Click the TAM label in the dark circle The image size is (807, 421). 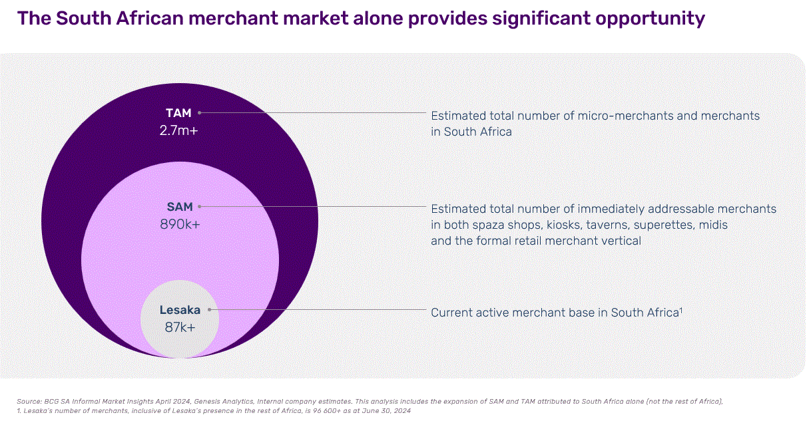pyautogui.click(x=178, y=113)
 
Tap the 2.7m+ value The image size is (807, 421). pyautogui.click(x=178, y=130)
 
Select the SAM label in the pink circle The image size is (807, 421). pyautogui.click(x=180, y=208)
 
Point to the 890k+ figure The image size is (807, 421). pyautogui.click(x=180, y=224)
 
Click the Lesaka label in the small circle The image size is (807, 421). pyautogui.click(x=180, y=310)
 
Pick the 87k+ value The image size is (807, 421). pyautogui.click(x=180, y=327)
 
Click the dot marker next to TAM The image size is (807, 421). pyautogui.click(x=199, y=113)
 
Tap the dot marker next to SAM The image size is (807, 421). pyautogui.click(x=200, y=208)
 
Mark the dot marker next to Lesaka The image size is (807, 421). pyautogui.click(x=209, y=310)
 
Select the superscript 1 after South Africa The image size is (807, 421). pyautogui.click(x=681, y=309)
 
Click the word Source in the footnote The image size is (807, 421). pyautogui.click(x=30, y=401)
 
